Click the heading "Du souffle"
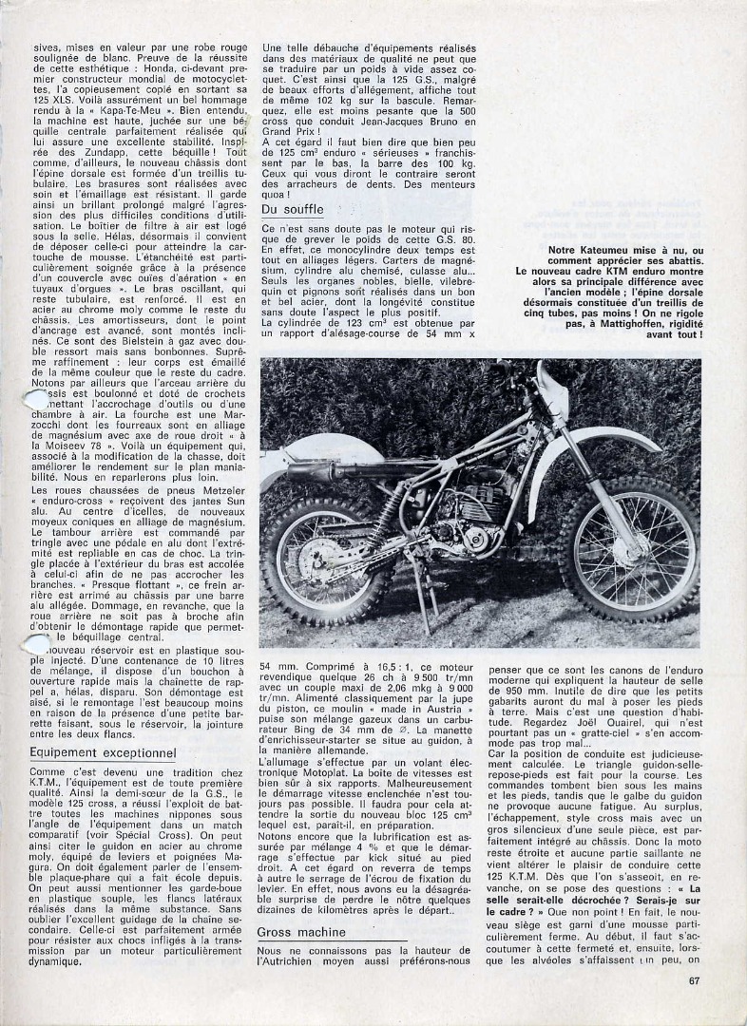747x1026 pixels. [292, 209]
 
